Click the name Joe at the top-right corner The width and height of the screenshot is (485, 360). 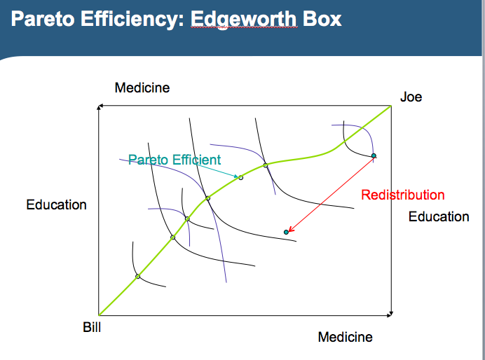(x=411, y=97)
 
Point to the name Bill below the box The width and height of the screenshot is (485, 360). (x=91, y=327)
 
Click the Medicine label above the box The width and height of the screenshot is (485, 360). (x=142, y=88)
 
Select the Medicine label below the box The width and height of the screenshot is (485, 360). (x=345, y=337)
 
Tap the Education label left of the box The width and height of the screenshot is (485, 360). (x=57, y=205)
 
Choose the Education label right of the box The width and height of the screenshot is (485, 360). (x=439, y=216)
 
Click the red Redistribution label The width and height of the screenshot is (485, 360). (x=403, y=195)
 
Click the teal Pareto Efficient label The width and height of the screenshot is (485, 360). (x=175, y=160)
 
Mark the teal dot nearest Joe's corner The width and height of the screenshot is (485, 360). (x=374, y=155)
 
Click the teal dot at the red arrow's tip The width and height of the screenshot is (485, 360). (x=286, y=232)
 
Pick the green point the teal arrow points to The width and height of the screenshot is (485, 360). (x=240, y=177)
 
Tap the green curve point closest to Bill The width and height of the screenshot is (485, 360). (x=138, y=276)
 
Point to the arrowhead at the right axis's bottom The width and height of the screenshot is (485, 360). (x=391, y=313)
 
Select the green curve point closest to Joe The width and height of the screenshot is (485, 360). (x=266, y=165)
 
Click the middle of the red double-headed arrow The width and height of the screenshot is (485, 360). (x=330, y=194)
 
